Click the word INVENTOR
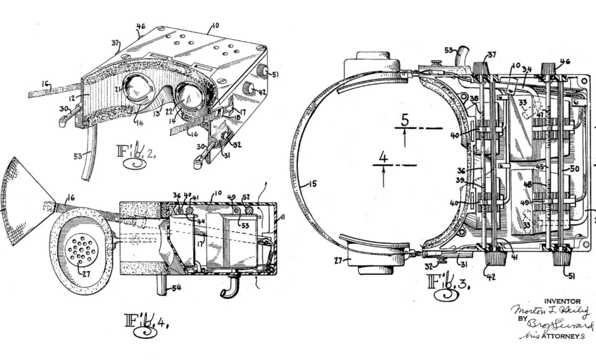pos(562,301)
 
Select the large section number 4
pos(383,158)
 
